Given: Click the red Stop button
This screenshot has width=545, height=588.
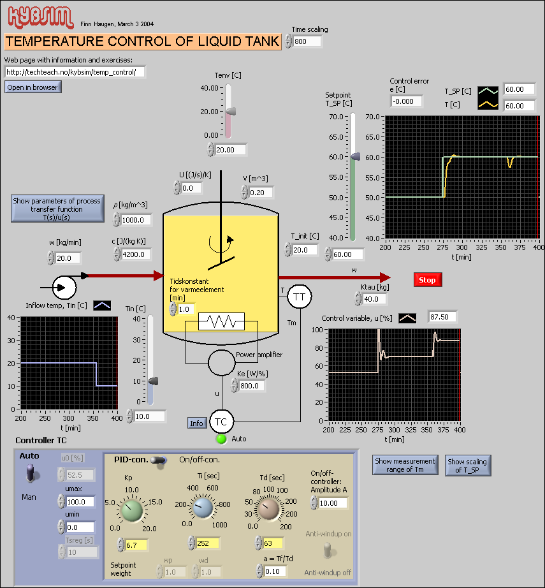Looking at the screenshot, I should click(x=427, y=280).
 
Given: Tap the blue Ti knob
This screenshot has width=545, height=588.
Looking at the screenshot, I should click(x=203, y=509).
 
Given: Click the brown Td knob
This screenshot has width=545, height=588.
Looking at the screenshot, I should click(x=268, y=509).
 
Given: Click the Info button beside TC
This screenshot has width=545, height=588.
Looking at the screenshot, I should click(x=197, y=423).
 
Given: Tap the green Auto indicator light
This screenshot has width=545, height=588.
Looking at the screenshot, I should click(x=221, y=439).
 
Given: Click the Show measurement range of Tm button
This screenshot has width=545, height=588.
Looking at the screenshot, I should click(x=405, y=465).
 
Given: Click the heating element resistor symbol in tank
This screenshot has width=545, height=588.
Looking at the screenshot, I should click(x=221, y=321).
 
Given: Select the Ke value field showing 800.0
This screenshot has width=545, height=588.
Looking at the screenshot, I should click(x=252, y=386).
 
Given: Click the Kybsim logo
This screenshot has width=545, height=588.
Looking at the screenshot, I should click(x=39, y=18).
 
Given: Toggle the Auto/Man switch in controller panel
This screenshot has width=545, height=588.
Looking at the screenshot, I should click(x=29, y=473).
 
